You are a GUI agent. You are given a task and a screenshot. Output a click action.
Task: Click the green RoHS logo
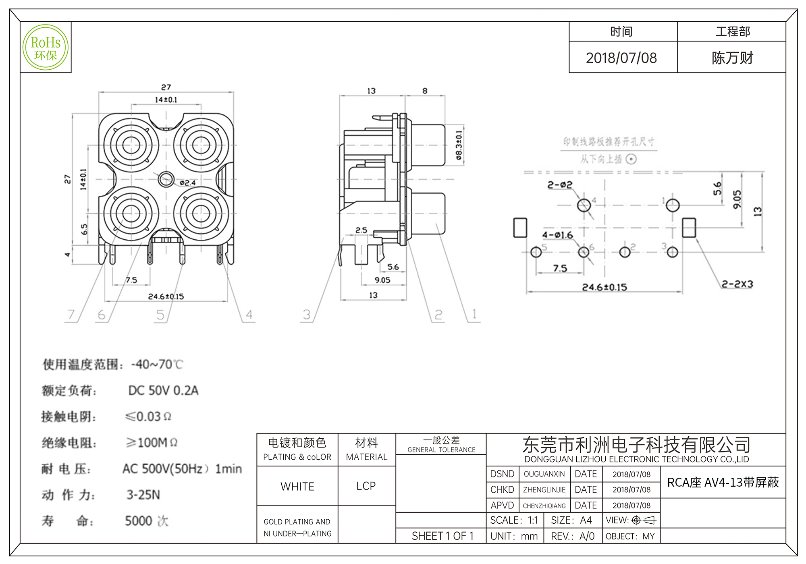click(46, 48)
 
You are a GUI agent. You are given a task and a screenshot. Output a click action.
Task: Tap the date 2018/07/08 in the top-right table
click(621, 58)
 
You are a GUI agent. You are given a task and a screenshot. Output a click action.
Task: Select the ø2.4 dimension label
click(187, 183)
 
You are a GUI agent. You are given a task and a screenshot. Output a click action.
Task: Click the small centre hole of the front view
click(166, 179)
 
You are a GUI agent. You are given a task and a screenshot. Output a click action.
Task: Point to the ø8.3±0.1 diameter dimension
click(459, 145)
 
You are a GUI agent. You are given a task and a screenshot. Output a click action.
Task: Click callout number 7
click(71, 314)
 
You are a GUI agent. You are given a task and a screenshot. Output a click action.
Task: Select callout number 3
click(307, 314)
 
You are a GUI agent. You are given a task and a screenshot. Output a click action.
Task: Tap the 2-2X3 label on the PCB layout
click(737, 284)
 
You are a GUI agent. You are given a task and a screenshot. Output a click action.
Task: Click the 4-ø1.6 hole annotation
click(557, 235)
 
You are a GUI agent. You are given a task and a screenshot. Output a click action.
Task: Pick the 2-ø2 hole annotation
click(560, 185)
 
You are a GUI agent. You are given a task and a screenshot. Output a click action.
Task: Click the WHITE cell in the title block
click(297, 486)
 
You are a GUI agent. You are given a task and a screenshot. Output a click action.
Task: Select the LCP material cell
click(366, 486)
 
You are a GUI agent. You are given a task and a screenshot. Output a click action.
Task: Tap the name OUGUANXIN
click(544, 474)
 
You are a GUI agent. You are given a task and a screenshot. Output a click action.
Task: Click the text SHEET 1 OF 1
click(442, 536)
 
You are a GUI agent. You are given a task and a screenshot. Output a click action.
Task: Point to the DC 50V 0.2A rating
click(163, 390)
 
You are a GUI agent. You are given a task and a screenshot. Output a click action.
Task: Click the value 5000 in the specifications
click(139, 521)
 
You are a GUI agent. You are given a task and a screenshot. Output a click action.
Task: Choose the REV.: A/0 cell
click(573, 536)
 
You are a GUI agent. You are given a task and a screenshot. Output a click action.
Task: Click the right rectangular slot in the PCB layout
click(689, 228)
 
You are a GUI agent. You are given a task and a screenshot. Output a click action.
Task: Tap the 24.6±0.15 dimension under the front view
click(166, 297)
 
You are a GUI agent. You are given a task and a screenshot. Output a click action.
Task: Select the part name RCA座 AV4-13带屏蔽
click(723, 482)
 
